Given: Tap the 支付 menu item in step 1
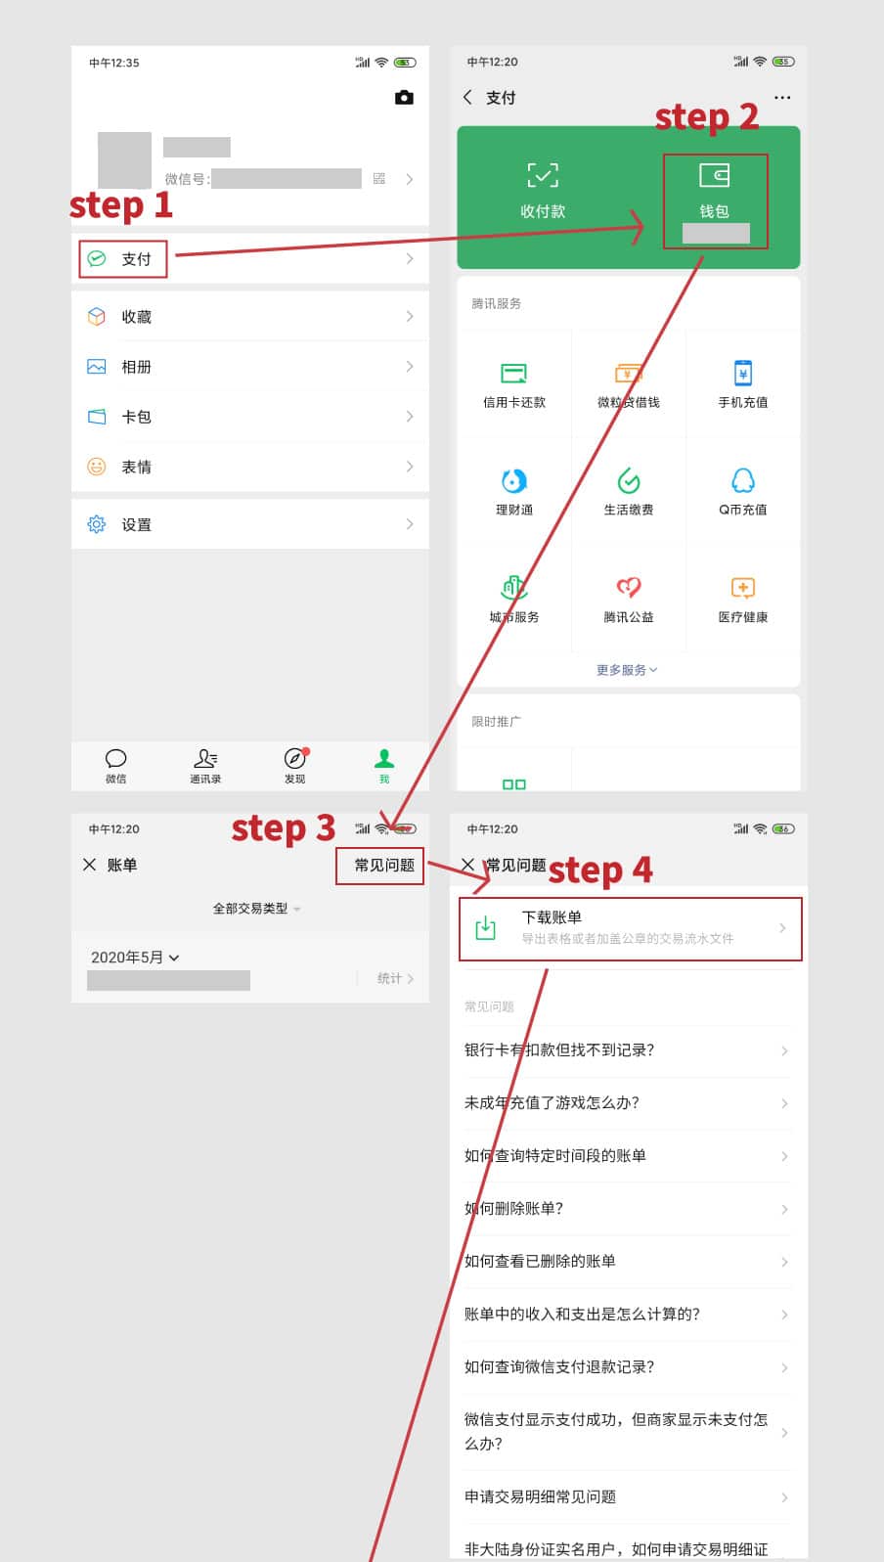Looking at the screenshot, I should (135, 259).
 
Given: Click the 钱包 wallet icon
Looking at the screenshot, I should (714, 176).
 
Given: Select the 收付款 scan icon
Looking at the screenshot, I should (543, 176).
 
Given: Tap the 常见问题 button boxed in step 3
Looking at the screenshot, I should (383, 866).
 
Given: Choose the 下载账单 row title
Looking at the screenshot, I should (552, 917).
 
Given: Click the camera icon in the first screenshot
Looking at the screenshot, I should (404, 98).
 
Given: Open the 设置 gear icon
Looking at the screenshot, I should (97, 524).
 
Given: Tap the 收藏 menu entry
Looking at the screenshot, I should (136, 317).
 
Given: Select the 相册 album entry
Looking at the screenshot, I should (136, 367).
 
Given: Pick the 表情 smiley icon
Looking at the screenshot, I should (97, 467).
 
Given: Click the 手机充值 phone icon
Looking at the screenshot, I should (742, 373).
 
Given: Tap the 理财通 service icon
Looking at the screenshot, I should (513, 480).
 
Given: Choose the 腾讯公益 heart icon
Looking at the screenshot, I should (628, 587).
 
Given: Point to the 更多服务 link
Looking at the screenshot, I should (627, 670).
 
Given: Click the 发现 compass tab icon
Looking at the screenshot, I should (294, 759).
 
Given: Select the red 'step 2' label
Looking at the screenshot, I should (706, 117).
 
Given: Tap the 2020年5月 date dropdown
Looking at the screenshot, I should (135, 958).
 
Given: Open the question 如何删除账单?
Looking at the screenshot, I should (513, 1208).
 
